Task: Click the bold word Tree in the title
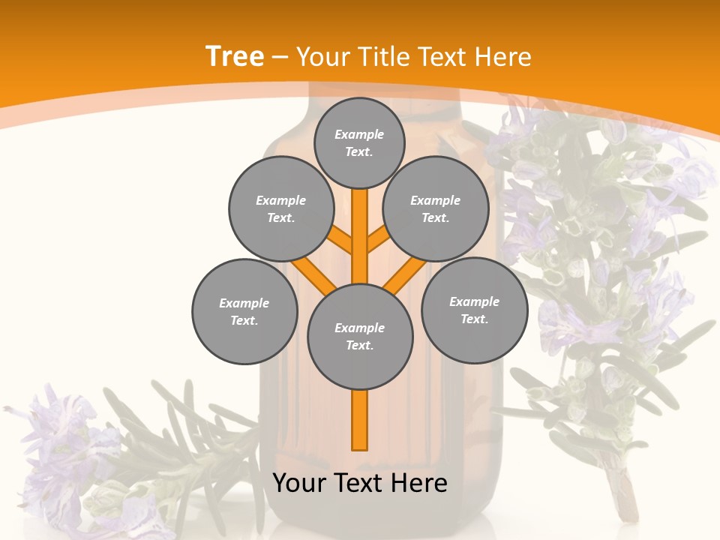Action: tap(235, 57)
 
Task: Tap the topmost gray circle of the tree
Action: tap(359, 142)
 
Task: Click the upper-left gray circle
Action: tap(280, 208)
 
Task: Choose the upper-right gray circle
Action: tap(436, 208)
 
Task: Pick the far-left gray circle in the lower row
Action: tap(244, 311)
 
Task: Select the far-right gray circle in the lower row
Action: tap(474, 310)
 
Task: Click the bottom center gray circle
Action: tap(360, 336)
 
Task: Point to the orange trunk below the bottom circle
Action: tap(360, 420)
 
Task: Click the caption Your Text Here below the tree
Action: tap(360, 483)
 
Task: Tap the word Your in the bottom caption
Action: tap(299, 483)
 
